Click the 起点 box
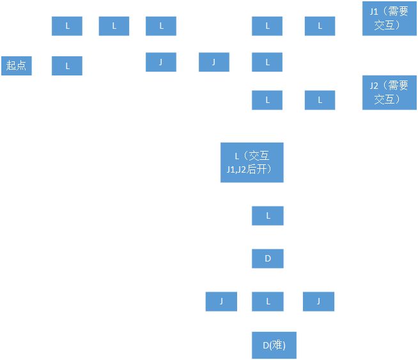[17, 66]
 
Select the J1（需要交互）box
[389, 19]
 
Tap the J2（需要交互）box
[389, 93]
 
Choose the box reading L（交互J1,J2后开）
[252, 162]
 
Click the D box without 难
[268, 258]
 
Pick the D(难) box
[274, 345]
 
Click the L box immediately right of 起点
[67, 66]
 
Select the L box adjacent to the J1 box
[320, 26]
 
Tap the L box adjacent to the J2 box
[320, 100]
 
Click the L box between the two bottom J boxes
[268, 301]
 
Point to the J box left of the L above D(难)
[221, 301]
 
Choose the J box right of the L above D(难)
[318, 301]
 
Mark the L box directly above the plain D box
[268, 215]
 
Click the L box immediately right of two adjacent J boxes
[267, 62]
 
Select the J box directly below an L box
[161, 62]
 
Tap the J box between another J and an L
[214, 62]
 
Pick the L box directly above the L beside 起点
[67, 26]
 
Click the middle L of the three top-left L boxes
[114, 26]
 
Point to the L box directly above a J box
[161, 26]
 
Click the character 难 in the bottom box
[277, 345]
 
